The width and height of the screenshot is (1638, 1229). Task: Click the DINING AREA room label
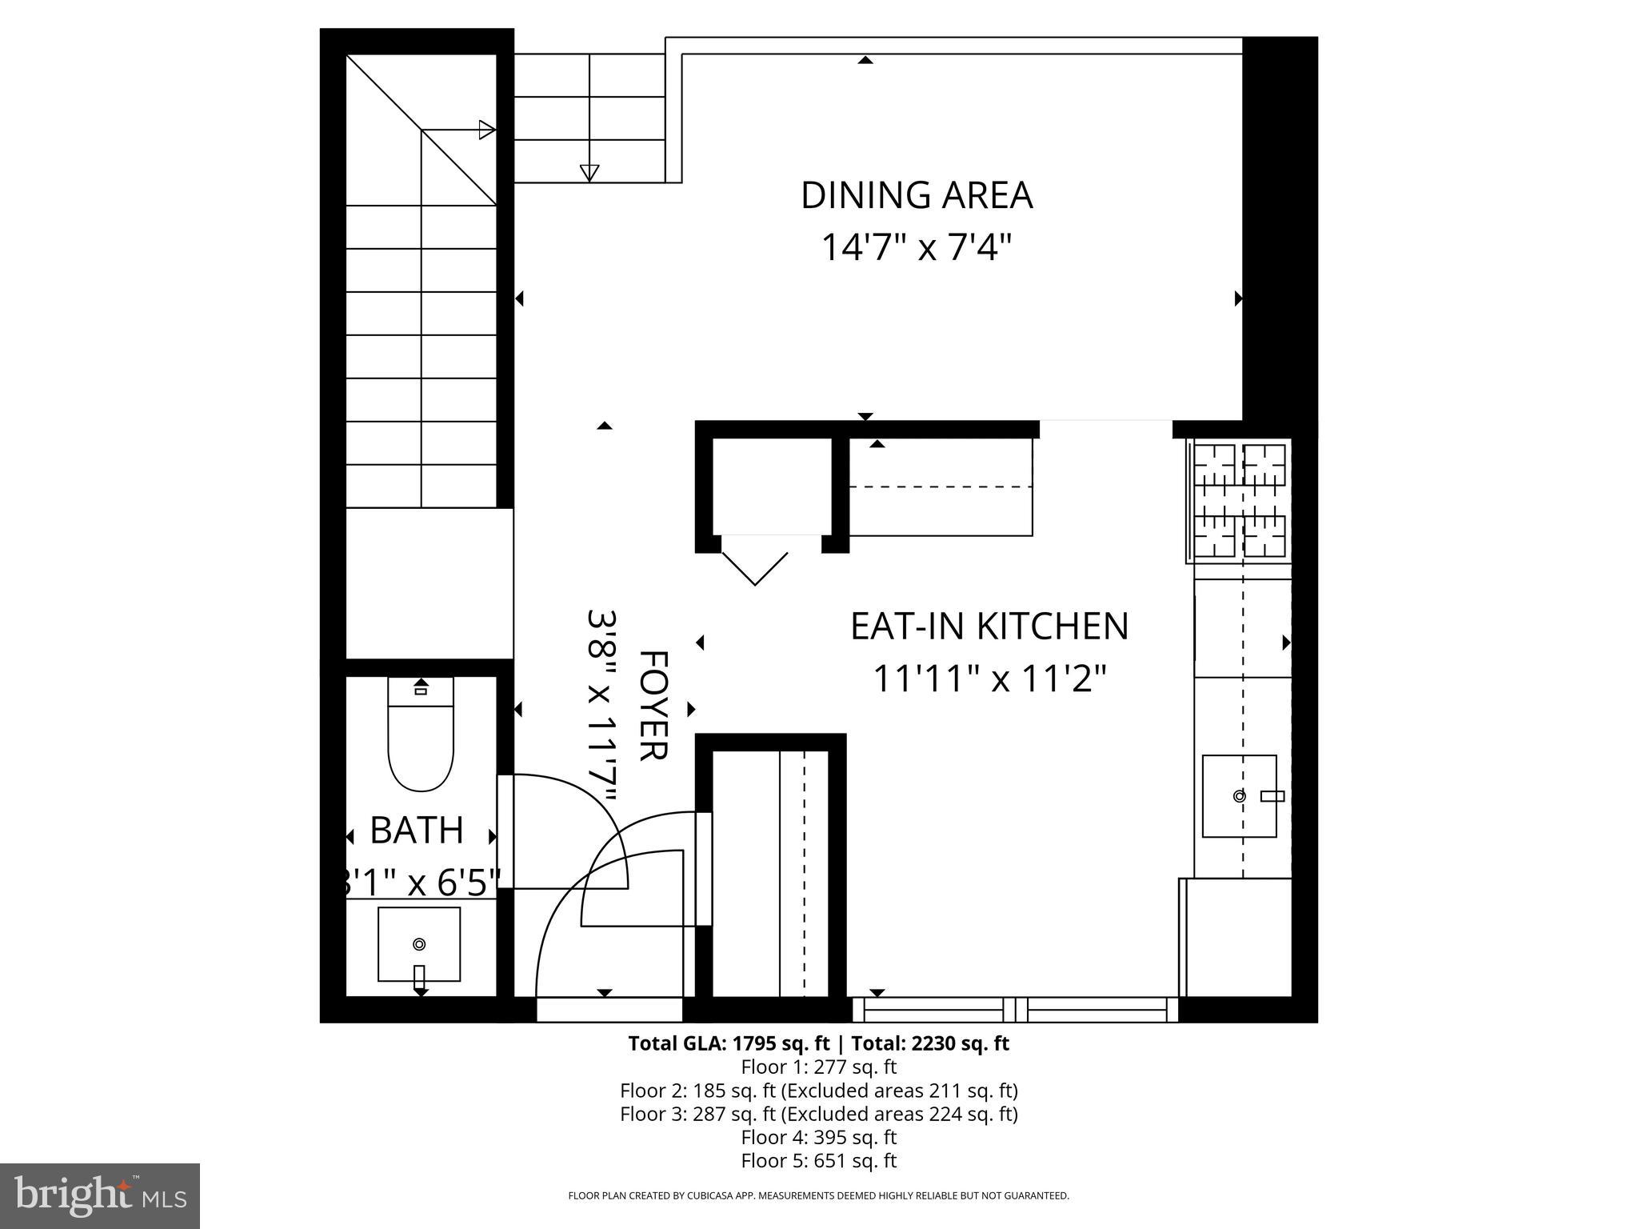(917, 196)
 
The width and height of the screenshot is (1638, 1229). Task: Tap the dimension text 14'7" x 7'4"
(917, 247)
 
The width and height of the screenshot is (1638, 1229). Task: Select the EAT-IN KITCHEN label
(989, 626)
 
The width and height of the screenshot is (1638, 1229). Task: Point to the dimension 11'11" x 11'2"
(989, 679)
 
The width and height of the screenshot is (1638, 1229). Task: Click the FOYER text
(653, 705)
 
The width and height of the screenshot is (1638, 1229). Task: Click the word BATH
(416, 831)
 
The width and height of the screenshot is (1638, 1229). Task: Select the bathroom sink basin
(418, 944)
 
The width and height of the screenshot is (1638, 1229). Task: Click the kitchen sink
(1239, 796)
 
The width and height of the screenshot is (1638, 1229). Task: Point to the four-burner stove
(1239, 500)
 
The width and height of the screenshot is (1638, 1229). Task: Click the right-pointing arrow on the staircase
(486, 130)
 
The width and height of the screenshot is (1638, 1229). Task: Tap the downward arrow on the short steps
(589, 172)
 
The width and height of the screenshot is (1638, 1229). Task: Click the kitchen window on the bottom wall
(1014, 1010)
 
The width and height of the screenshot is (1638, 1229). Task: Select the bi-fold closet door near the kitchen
(755, 560)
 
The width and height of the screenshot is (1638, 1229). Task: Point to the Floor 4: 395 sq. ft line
(818, 1137)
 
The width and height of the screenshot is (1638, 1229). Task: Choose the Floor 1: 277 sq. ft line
(818, 1067)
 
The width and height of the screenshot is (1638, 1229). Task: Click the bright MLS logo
(100, 1195)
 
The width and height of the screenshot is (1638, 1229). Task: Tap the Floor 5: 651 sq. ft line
(818, 1160)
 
